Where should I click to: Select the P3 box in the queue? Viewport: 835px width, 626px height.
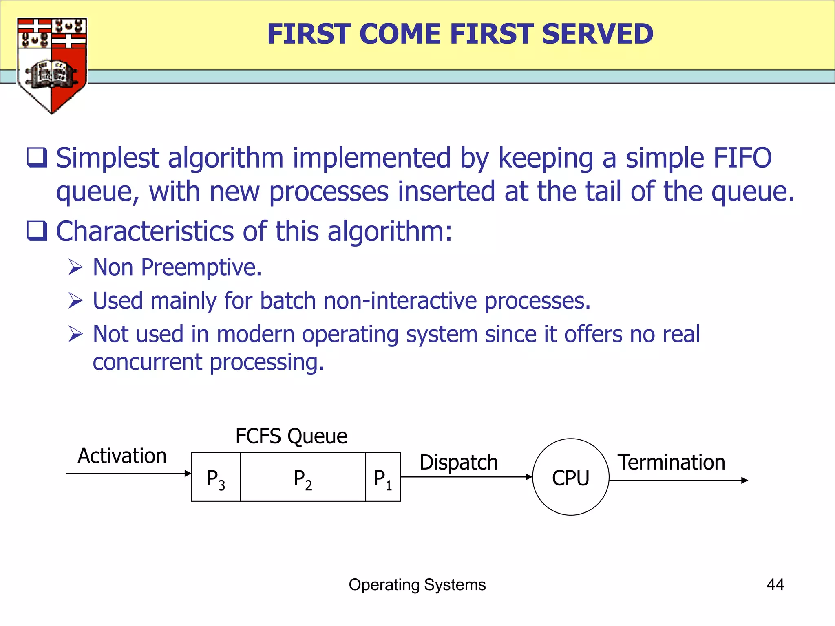[x=216, y=477]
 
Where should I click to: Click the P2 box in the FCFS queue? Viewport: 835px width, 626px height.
[x=303, y=477]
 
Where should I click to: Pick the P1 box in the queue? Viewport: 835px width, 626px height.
[x=383, y=477]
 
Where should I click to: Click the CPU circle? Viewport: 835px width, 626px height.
[x=570, y=477]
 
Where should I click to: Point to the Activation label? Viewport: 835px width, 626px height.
[x=122, y=456]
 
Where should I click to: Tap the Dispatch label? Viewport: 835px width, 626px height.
[x=459, y=463]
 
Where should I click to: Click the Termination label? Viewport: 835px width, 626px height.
[x=671, y=463]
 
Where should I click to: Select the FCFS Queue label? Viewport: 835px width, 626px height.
[x=291, y=436]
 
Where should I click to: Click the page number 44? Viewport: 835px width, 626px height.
[x=775, y=584]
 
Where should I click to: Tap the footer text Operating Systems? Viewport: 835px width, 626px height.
[x=417, y=584]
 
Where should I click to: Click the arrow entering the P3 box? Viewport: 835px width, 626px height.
[x=128, y=473]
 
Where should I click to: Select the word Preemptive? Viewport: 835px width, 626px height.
[x=201, y=268]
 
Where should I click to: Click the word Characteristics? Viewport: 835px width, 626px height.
[x=145, y=231]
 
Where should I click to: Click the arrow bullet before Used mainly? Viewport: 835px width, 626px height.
[x=76, y=301]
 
